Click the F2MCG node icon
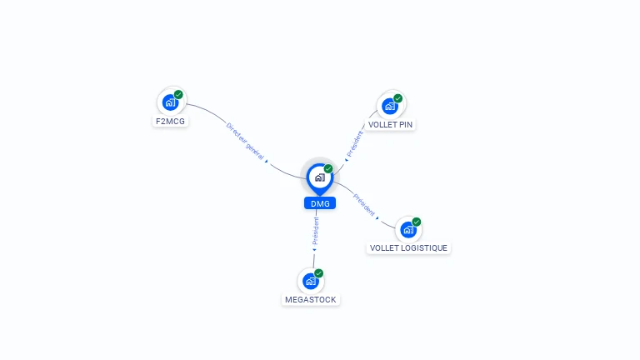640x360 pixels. [x=171, y=102]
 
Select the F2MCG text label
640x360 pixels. [x=170, y=121]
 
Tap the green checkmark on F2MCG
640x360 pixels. [x=178, y=95]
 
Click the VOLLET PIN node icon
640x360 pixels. [x=390, y=106]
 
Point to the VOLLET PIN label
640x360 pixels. [x=390, y=124]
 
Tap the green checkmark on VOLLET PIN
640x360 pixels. [x=398, y=98]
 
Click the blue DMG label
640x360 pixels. [x=320, y=203]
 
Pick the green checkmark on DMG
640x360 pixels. [x=328, y=169]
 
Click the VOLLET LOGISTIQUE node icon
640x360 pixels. [x=408, y=230]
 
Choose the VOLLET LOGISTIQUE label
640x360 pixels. [x=408, y=248]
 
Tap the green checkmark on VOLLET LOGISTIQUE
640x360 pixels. [x=417, y=222]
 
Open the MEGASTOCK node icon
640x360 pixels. [x=311, y=281]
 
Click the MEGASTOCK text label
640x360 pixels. [x=311, y=300]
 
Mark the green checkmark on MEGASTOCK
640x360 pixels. [x=319, y=273]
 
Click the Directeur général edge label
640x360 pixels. [x=245, y=141]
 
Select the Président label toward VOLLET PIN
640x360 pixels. [x=354, y=143]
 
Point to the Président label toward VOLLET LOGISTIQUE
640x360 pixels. [x=363, y=205]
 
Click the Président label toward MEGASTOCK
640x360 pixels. [x=316, y=231]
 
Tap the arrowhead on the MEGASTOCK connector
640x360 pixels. [x=314, y=250]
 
